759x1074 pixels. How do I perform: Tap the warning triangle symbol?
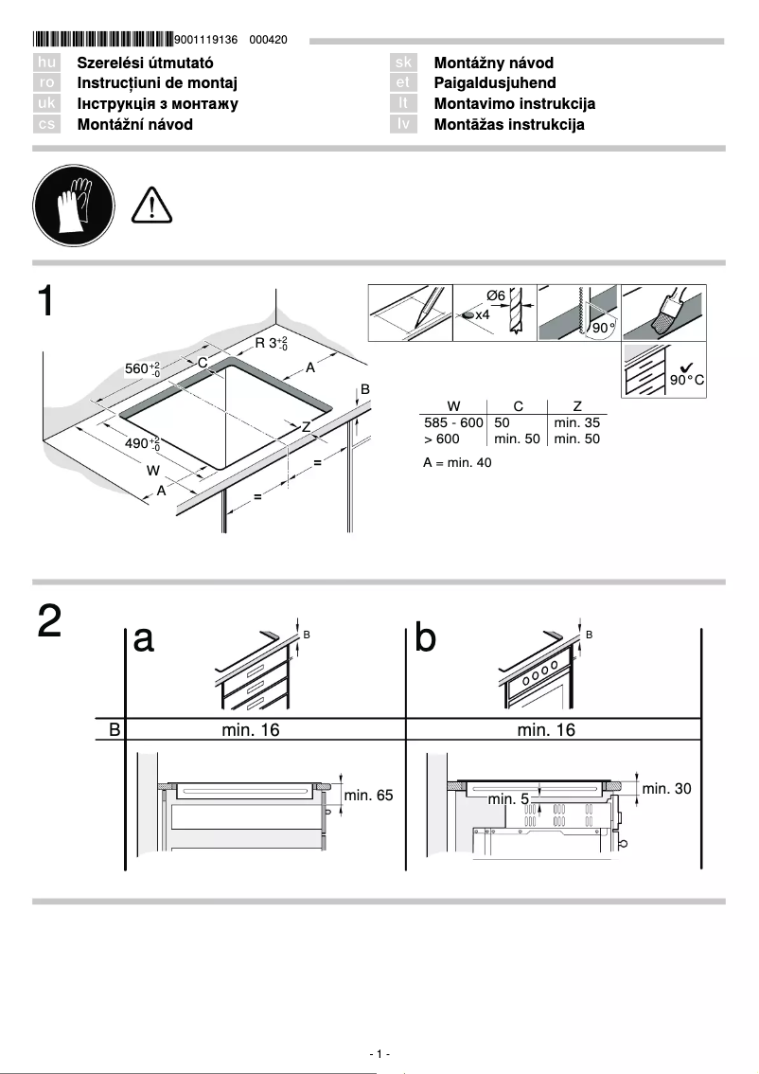(x=150, y=205)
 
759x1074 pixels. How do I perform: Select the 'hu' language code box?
(x=46, y=63)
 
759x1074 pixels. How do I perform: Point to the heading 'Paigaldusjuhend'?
(x=495, y=83)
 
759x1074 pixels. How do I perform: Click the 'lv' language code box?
(x=403, y=125)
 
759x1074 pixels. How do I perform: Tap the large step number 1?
(x=50, y=301)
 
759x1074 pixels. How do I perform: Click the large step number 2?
(x=50, y=621)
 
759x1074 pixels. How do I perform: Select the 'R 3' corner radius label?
(x=271, y=343)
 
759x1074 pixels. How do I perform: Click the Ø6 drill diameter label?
(x=496, y=296)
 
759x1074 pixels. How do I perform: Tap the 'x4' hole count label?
(x=482, y=314)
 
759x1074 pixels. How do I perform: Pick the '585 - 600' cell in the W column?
(x=452, y=422)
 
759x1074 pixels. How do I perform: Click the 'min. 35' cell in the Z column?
(x=576, y=422)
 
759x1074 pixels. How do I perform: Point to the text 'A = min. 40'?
(x=457, y=463)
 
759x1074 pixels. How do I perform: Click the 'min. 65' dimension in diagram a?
(x=368, y=796)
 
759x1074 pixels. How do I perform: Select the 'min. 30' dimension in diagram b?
(x=666, y=788)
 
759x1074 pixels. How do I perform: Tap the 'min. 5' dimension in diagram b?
(x=508, y=799)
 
